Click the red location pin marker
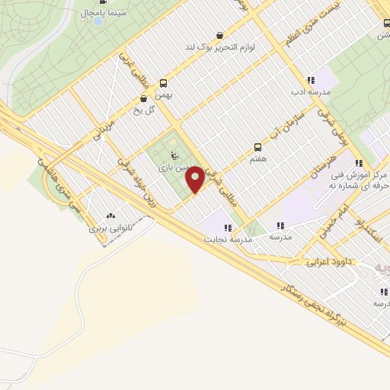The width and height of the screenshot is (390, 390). click(x=196, y=180)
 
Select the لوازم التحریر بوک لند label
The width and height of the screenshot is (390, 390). click(x=220, y=47)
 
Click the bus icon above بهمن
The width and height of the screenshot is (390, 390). click(x=161, y=84)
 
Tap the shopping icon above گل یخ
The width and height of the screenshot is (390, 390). click(x=143, y=98)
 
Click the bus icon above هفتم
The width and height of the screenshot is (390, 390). click(x=257, y=148)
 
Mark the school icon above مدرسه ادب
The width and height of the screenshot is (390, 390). click(x=310, y=79)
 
